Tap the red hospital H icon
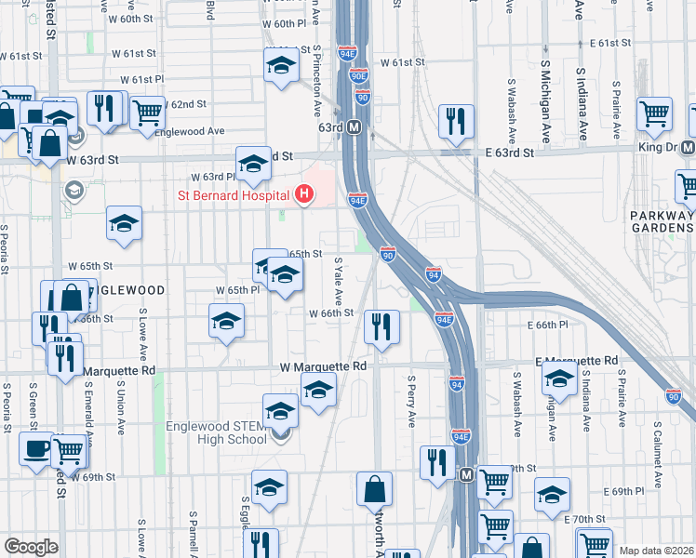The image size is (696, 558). click(303, 195)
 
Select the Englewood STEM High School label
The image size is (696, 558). click(216, 433)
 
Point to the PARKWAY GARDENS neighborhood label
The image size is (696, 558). click(663, 222)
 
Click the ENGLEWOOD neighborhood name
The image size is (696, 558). click(124, 290)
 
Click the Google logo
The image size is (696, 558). click(31, 547)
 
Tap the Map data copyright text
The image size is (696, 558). click(656, 550)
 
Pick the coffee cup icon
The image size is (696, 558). click(36, 448)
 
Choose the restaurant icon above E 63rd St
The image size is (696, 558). click(456, 121)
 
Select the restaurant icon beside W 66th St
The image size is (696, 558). click(381, 326)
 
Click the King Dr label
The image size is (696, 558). click(655, 148)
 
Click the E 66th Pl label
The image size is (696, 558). click(546, 325)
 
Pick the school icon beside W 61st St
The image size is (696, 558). click(280, 68)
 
